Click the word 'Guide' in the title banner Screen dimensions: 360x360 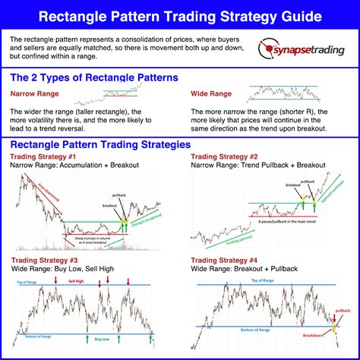pyautogui.click(x=300, y=15)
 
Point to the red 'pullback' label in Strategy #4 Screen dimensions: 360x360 pyautogui.click(x=343, y=311)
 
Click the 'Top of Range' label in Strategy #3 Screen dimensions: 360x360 pyautogui.click(x=24, y=282)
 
